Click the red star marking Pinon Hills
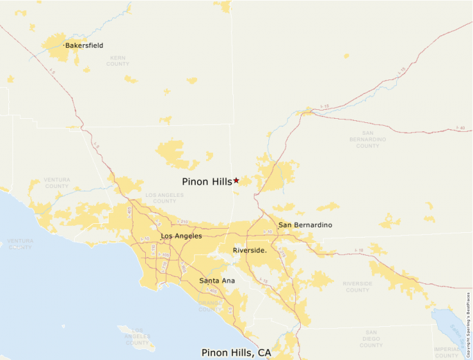point(236,180)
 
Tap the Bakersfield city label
point(84,46)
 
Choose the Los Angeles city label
point(181,236)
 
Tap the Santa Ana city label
point(216,281)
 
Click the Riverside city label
point(250,250)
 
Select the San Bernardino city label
point(305,225)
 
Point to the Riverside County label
point(358,287)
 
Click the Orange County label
point(210,305)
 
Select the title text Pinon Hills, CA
point(236,352)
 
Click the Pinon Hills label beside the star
point(207,182)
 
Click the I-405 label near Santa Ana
point(213,292)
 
